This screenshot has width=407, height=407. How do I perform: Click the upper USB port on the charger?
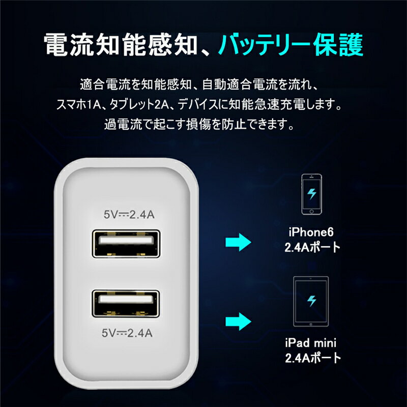pyautogui.click(x=126, y=244)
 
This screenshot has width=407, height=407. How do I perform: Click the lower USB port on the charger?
pyautogui.click(x=126, y=304)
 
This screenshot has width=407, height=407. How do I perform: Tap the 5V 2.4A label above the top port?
pyautogui.click(x=129, y=215)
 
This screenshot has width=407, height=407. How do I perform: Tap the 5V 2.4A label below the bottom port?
pyautogui.click(x=127, y=333)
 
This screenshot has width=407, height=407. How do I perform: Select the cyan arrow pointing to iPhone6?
pyautogui.click(x=238, y=242)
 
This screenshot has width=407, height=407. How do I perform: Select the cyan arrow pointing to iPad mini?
pyautogui.click(x=238, y=322)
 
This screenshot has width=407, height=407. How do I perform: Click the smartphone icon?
pyautogui.click(x=311, y=194)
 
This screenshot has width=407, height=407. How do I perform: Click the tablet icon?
pyautogui.click(x=311, y=301)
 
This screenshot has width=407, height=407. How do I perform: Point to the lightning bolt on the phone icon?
pyautogui.click(x=312, y=193)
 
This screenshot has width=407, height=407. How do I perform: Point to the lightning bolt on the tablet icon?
pyautogui.click(x=311, y=301)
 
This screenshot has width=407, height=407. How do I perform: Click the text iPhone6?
pyautogui.click(x=311, y=232)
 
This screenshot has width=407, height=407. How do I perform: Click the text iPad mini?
pyautogui.click(x=311, y=343)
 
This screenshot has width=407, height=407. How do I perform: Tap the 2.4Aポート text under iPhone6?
pyautogui.click(x=312, y=247)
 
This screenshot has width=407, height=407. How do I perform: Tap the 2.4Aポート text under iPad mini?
pyautogui.click(x=313, y=358)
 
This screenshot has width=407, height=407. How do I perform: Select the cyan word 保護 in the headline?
pyautogui.click(x=337, y=44)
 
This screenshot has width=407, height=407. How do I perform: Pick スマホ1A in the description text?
pyautogui.click(x=78, y=105)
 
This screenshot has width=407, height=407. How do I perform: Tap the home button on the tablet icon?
pyautogui.click(x=311, y=324)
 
